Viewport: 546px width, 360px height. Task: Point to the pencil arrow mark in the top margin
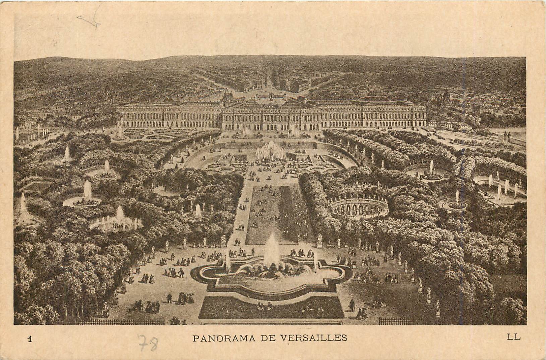click(90, 20)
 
